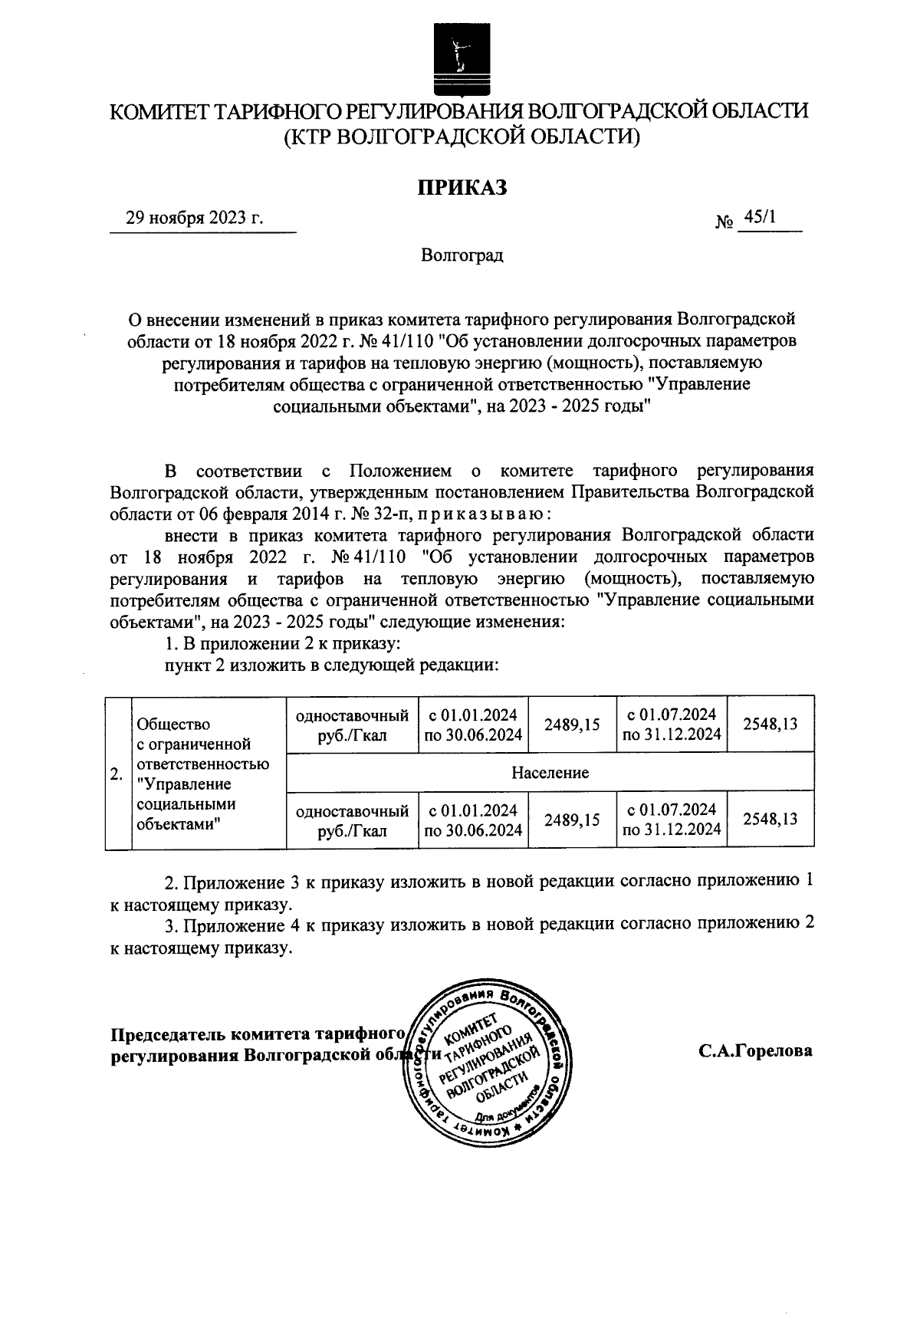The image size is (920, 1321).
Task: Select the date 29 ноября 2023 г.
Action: pos(195,218)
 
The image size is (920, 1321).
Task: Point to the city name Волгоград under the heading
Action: pos(462,255)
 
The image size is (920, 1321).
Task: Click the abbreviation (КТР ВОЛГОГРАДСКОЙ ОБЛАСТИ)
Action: pos(460,137)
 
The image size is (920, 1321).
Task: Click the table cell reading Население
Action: pos(549,772)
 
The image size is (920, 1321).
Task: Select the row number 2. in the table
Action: pos(117,773)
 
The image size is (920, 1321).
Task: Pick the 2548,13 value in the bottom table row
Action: pos(770,819)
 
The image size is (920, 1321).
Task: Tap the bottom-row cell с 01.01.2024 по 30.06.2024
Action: pos(473,820)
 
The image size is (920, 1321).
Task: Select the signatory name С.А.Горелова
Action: pos(755,1051)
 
